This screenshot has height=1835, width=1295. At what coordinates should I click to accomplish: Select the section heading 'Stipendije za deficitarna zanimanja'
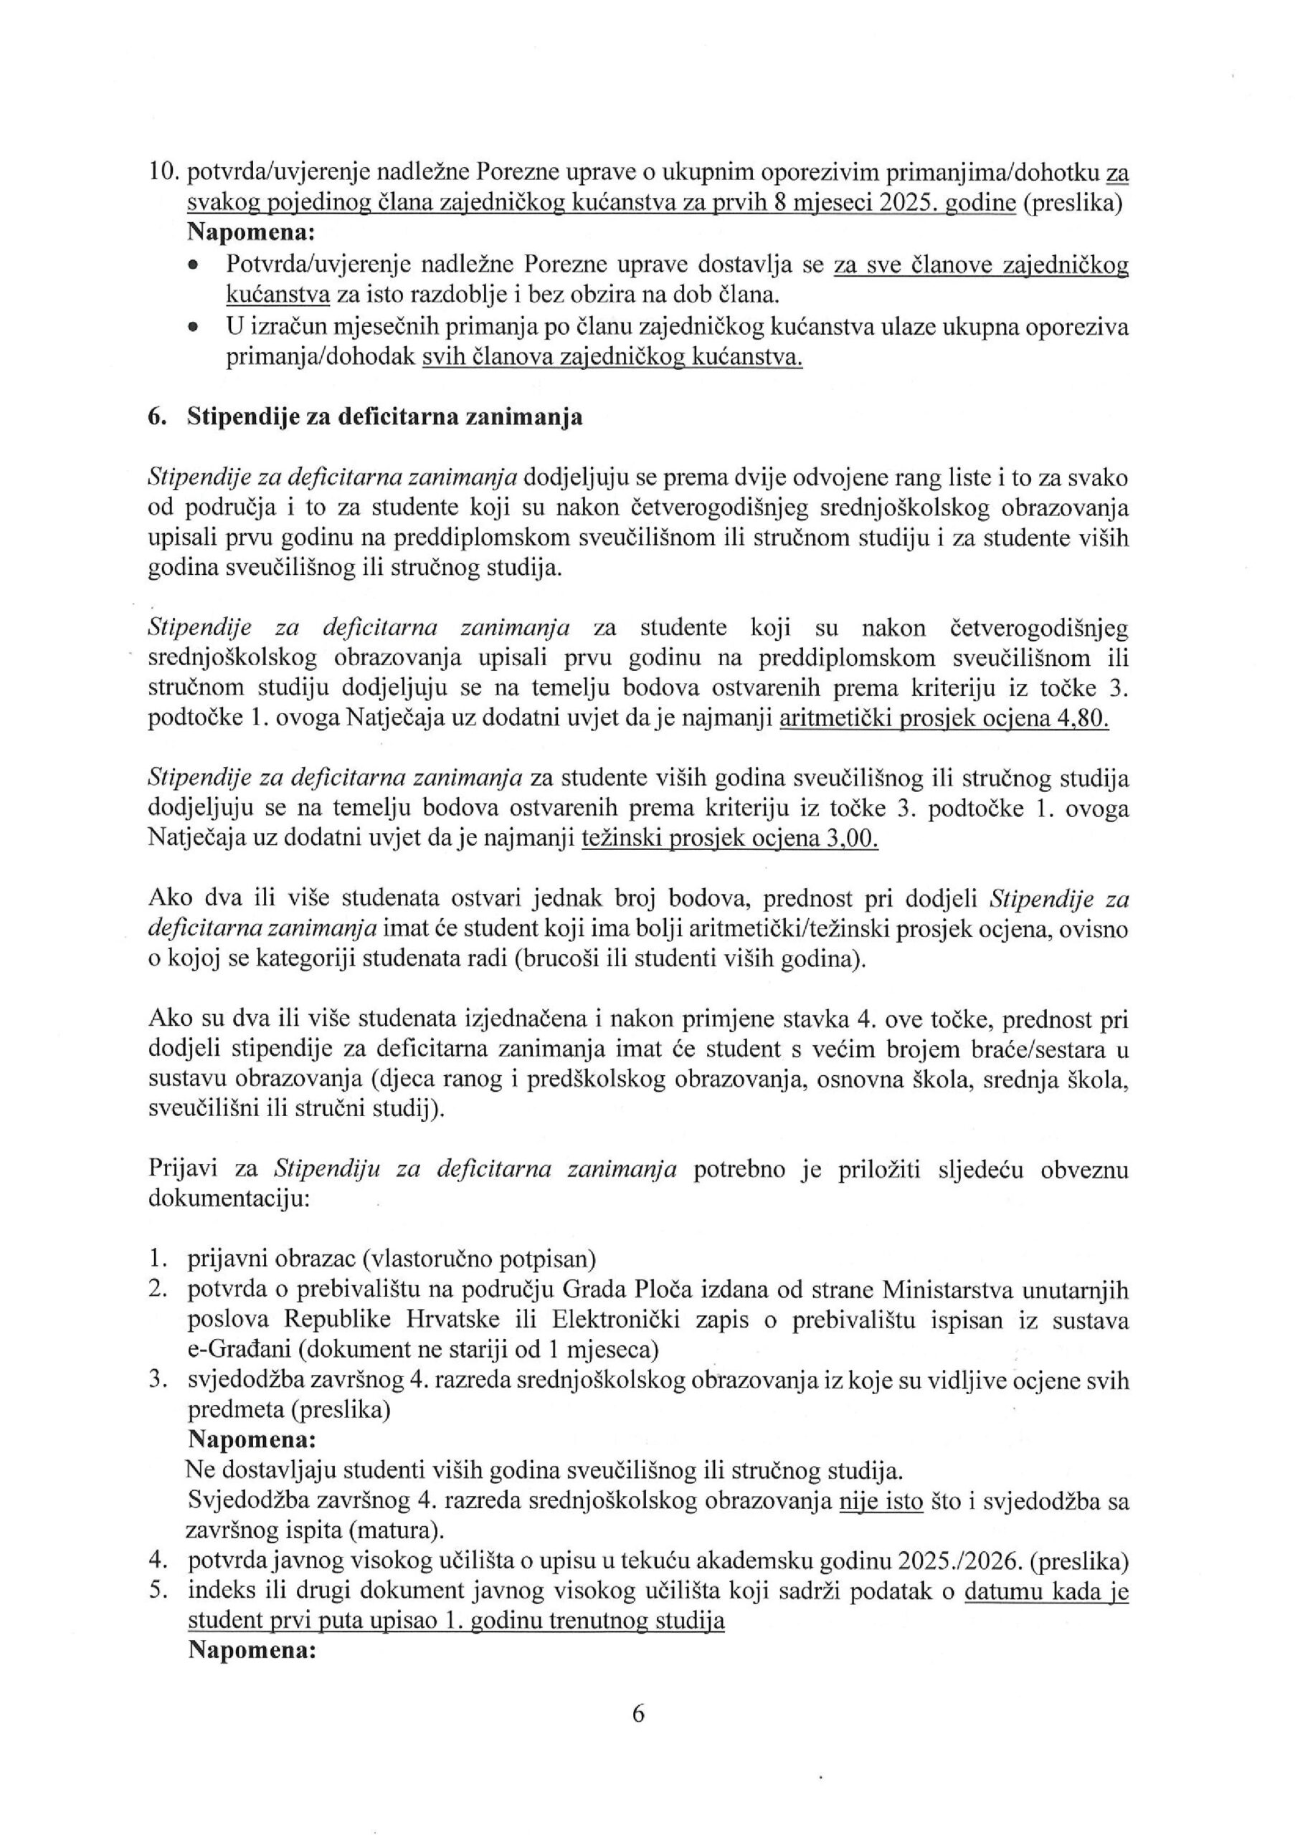point(384,417)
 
